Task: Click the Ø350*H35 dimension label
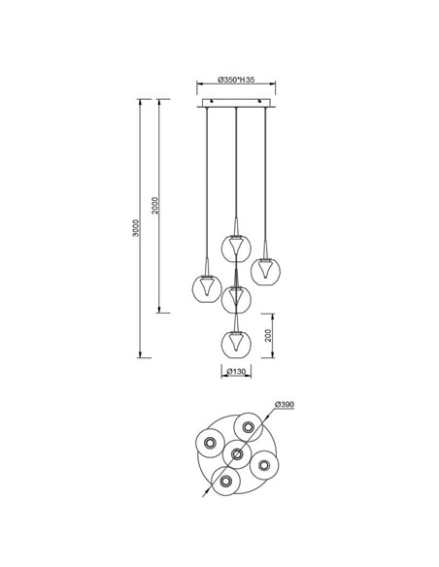tap(235, 80)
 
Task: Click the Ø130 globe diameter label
tap(235, 372)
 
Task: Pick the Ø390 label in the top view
tap(286, 404)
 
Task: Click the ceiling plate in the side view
tap(235, 102)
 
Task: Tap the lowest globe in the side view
tap(235, 343)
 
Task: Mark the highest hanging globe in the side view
tap(235, 247)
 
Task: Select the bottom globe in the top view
tap(225, 481)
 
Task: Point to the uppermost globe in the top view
tap(248, 426)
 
